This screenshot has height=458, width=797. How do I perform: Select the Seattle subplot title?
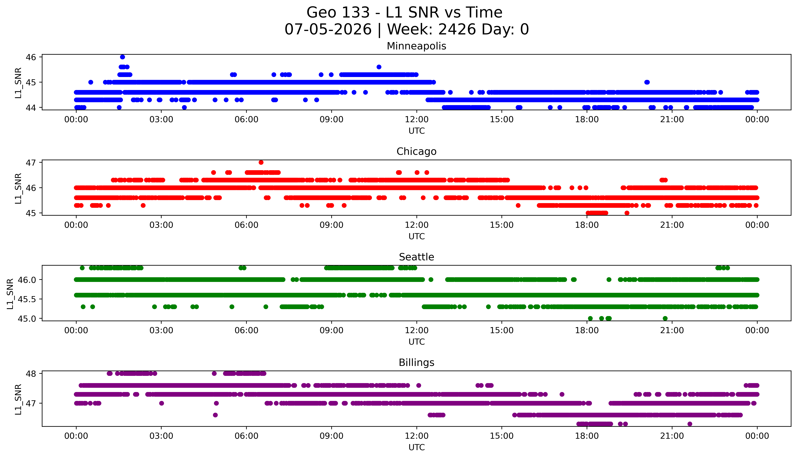click(416, 257)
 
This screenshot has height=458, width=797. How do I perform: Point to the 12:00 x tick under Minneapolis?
click(417, 120)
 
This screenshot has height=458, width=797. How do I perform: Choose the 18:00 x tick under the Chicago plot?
click(587, 225)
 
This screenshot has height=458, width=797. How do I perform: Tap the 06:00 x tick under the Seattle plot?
click(247, 330)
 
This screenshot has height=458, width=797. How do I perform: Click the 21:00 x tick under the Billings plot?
click(672, 436)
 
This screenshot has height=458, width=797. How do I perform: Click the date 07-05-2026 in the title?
click(328, 30)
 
